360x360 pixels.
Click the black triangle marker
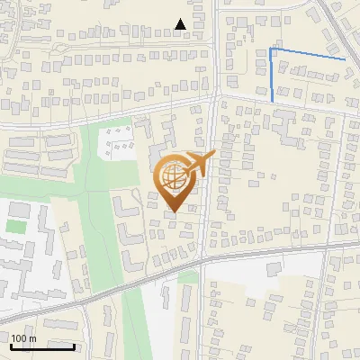[181, 24]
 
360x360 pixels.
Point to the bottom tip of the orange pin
[172, 211]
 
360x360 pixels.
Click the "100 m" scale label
[23, 338]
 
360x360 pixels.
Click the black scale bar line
[42, 346]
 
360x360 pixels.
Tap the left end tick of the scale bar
[11, 345]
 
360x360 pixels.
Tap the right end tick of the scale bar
[74, 345]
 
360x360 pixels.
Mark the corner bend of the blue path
[272, 49]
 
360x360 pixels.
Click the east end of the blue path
[345, 59]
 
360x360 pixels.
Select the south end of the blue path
[272, 100]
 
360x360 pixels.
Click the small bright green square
[13, 224]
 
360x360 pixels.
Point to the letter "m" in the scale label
[32, 338]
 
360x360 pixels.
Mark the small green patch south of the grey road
[187, 277]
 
